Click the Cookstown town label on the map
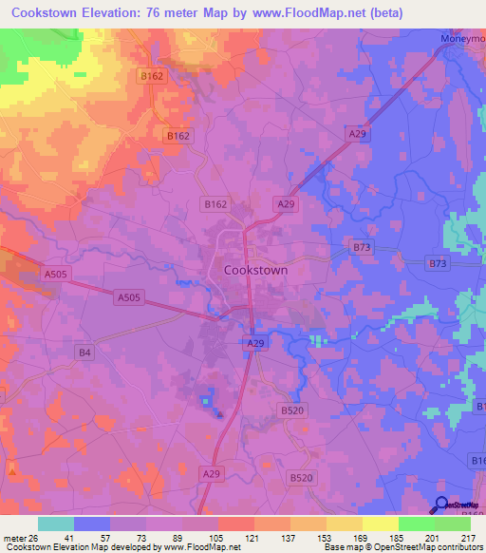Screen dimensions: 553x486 point(255,270)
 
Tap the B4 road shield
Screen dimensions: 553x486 point(85,353)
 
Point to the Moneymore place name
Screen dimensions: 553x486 point(462,38)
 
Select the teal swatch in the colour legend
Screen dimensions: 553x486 point(55,524)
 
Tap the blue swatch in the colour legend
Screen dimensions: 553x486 point(91,524)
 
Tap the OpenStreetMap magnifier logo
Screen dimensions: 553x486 point(441,505)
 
